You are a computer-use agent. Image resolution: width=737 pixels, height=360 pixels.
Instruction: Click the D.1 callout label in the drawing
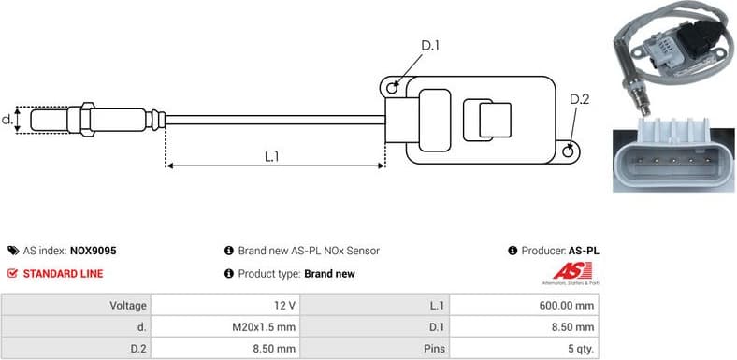pos(429,45)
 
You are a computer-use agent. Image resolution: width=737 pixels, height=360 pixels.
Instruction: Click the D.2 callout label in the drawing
pos(579,99)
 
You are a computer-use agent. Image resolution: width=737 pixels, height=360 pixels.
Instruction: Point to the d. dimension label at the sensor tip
pos(7,120)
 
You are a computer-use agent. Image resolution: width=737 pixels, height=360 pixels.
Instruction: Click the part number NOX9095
pos(93,251)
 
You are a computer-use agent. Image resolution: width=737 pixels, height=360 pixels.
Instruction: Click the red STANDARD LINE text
pos(63,274)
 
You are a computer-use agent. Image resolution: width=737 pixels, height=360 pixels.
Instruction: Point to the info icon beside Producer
pos(513,251)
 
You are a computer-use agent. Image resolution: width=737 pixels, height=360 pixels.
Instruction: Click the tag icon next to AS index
pos(12,251)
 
